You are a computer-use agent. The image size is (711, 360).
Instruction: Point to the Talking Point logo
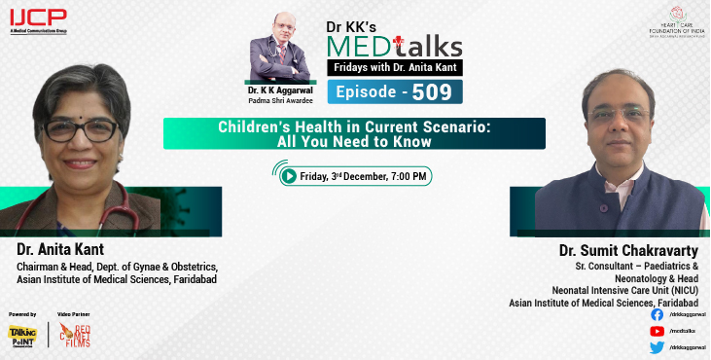(21, 336)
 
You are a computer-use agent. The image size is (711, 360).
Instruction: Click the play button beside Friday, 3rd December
(289, 176)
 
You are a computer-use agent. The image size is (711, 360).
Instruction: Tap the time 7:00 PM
(406, 176)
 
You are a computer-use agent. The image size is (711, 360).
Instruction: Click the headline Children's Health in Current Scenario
(354, 126)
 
